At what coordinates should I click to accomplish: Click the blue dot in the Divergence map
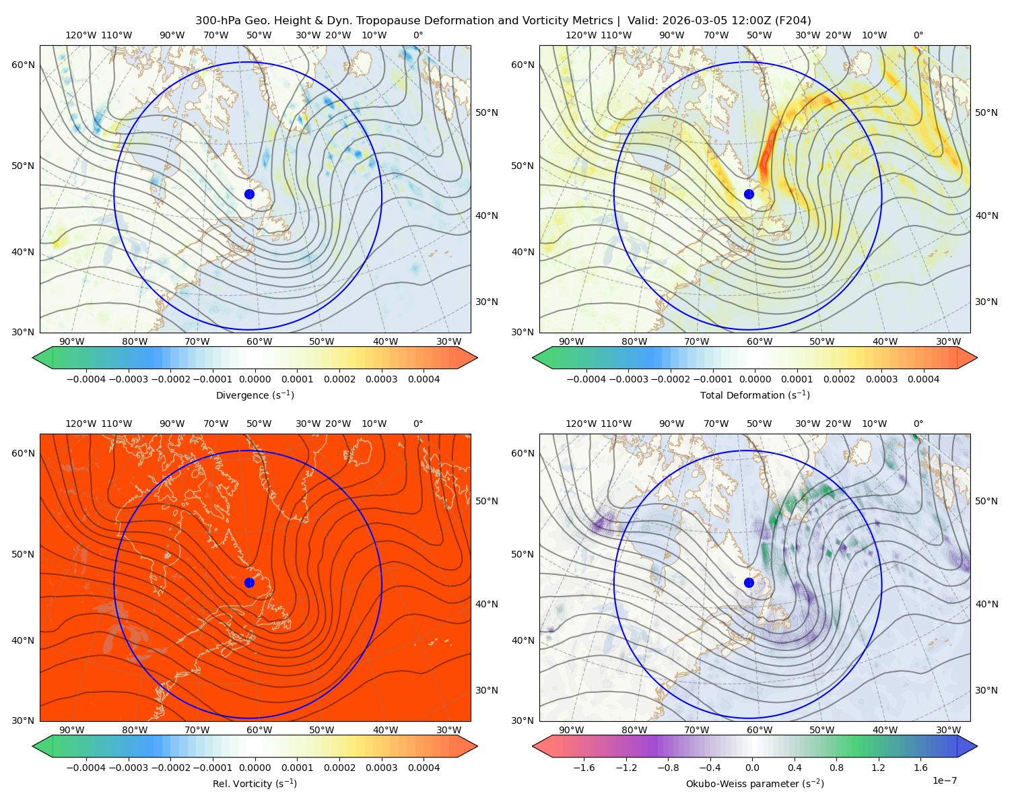pyautogui.click(x=249, y=194)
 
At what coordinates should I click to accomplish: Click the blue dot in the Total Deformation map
pyautogui.click(x=749, y=194)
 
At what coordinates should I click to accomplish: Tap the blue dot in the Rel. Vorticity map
pyautogui.click(x=249, y=582)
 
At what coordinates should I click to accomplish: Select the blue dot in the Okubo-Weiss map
pyautogui.click(x=749, y=582)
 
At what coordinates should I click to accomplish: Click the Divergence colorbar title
pyautogui.click(x=255, y=395)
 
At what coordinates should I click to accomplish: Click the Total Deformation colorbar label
pyautogui.click(x=755, y=395)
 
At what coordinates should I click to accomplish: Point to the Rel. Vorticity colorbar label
pyautogui.click(x=255, y=783)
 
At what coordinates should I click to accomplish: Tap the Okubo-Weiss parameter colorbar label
pyautogui.click(x=755, y=783)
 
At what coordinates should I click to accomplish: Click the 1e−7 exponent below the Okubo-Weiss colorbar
pyautogui.click(x=944, y=780)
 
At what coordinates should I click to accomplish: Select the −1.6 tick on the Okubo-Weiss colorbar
pyautogui.click(x=584, y=767)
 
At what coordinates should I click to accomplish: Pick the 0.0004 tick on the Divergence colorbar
pyautogui.click(x=424, y=379)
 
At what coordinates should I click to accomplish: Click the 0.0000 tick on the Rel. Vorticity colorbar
pyautogui.click(x=255, y=767)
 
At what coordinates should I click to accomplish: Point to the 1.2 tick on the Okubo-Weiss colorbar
pyautogui.click(x=878, y=767)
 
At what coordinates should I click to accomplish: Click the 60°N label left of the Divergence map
pyautogui.click(x=23, y=65)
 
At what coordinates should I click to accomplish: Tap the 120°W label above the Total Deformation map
pyautogui.click(x=580, y=35)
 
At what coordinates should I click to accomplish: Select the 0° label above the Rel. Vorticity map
pyautogui.click(x=418, y=423)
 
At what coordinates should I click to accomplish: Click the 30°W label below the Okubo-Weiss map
pyautogui.click(x=949, y=730)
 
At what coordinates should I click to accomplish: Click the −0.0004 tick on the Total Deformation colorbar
pyautogui.click(x=586, y=379)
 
